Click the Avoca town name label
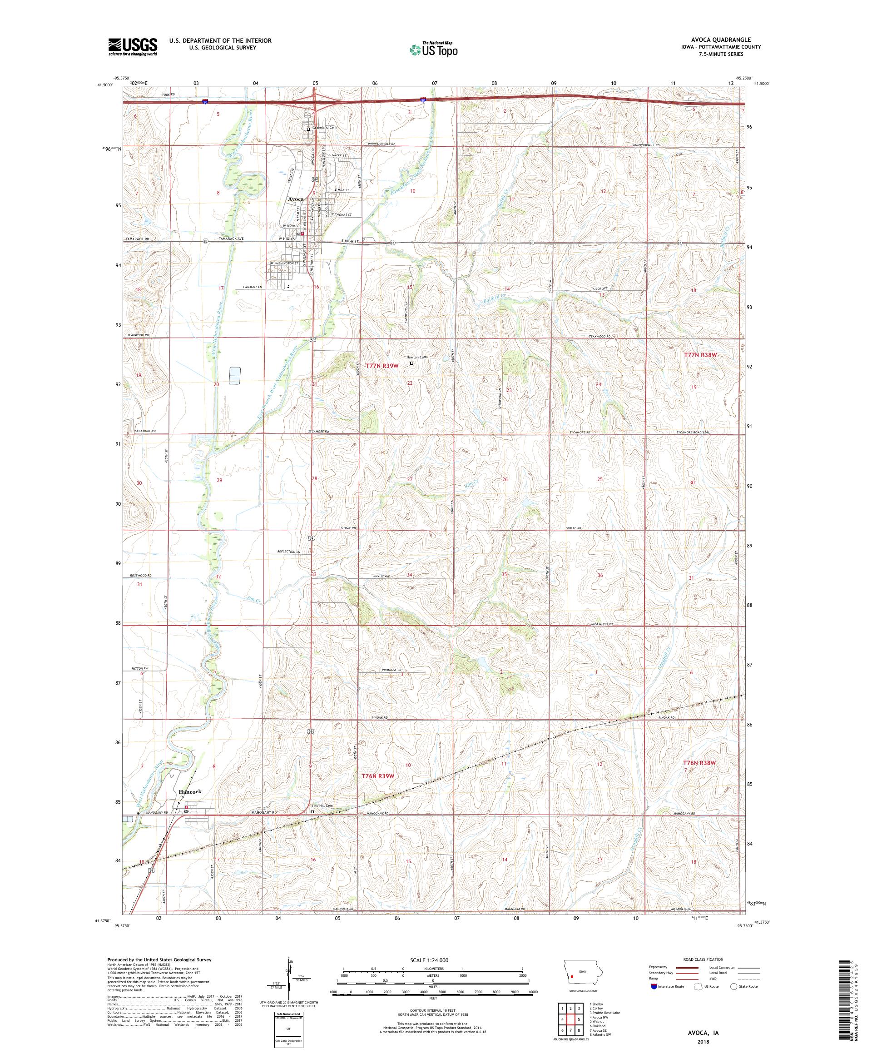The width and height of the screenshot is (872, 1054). (x=296, y=199)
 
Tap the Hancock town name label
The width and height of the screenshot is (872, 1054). (x=190, y=791)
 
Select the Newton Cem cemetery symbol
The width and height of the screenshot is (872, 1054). (x=411, y=363)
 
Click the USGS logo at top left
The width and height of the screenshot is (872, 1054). (x=133, y=47)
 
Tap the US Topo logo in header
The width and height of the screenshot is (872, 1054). (x=434, y=49)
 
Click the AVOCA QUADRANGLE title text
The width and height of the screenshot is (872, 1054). (x=726, y=40)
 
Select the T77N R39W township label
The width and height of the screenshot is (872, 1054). (x=382, y=366)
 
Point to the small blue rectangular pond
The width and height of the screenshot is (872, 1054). (x=234, y=375)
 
